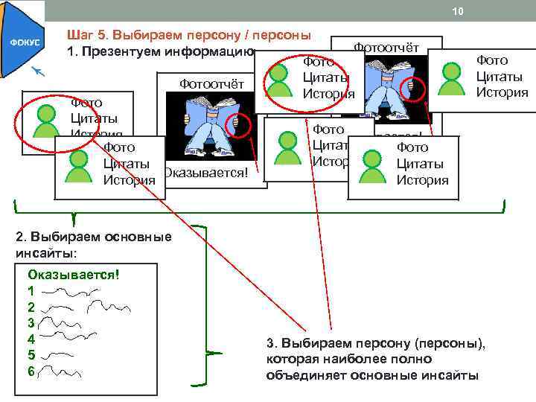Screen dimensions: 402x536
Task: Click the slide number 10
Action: (459, 11)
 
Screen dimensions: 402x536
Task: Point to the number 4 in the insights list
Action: (31, 339)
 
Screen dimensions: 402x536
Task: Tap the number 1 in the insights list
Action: (31, 290)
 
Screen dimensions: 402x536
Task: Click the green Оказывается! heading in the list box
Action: (74, 274)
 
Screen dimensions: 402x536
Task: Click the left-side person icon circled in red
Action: (46, 115)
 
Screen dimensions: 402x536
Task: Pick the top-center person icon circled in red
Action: (281, 77)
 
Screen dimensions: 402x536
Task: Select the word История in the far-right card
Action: (502, 93)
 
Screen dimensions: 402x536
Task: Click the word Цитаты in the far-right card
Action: (500, 77)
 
